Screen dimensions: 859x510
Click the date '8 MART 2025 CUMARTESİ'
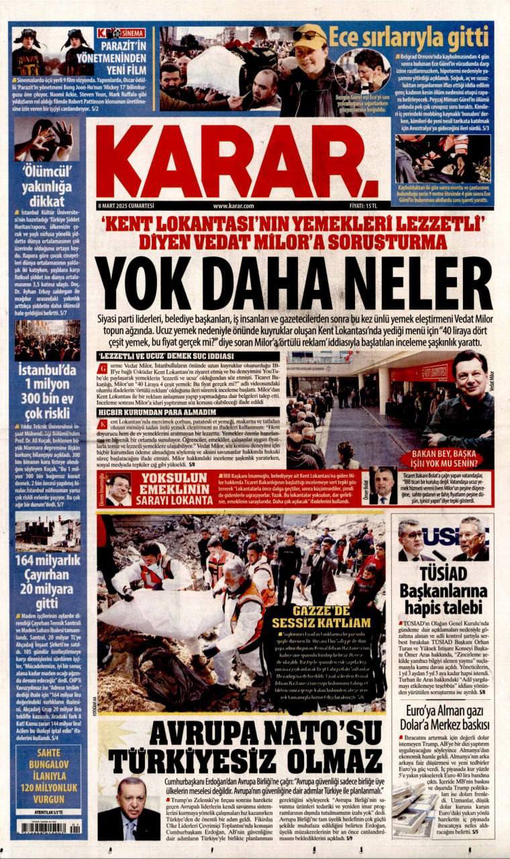(x=126, y=206)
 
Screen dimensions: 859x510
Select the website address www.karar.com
(x=233, y=206)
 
